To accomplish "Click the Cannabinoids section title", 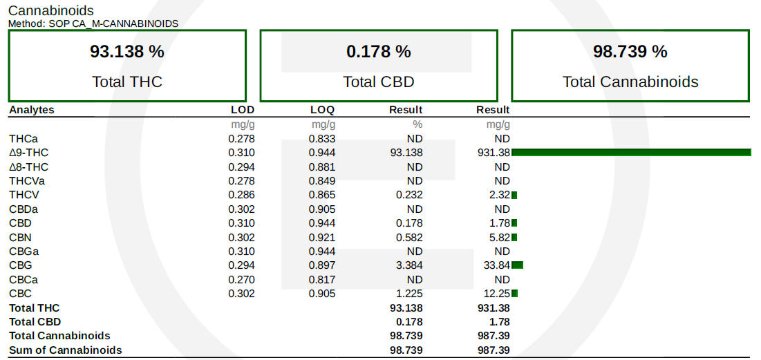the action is tap(51, 10).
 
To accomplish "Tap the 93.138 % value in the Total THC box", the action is tap(127, 51).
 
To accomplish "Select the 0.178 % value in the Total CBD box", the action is tap(379, 51).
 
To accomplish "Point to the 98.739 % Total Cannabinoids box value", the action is tap(630, 51).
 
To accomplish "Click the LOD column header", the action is tap(243, 110).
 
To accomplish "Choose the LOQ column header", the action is tap(323, 110).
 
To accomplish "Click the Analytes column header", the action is tap(32, 110).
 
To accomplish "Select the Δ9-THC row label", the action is tap(28, 153).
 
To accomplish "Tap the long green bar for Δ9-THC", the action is tap(632, 153).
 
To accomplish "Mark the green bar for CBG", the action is tap(518, 265).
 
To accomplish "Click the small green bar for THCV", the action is tap(514, 195).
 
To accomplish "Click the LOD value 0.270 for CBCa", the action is tap(242, 279).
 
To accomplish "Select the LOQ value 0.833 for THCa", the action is tap(322, 139).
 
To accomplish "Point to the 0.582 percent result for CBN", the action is tap(410, 237).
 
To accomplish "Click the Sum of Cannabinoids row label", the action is tap(66, 350).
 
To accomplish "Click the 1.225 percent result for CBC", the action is tap(410, 294).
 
